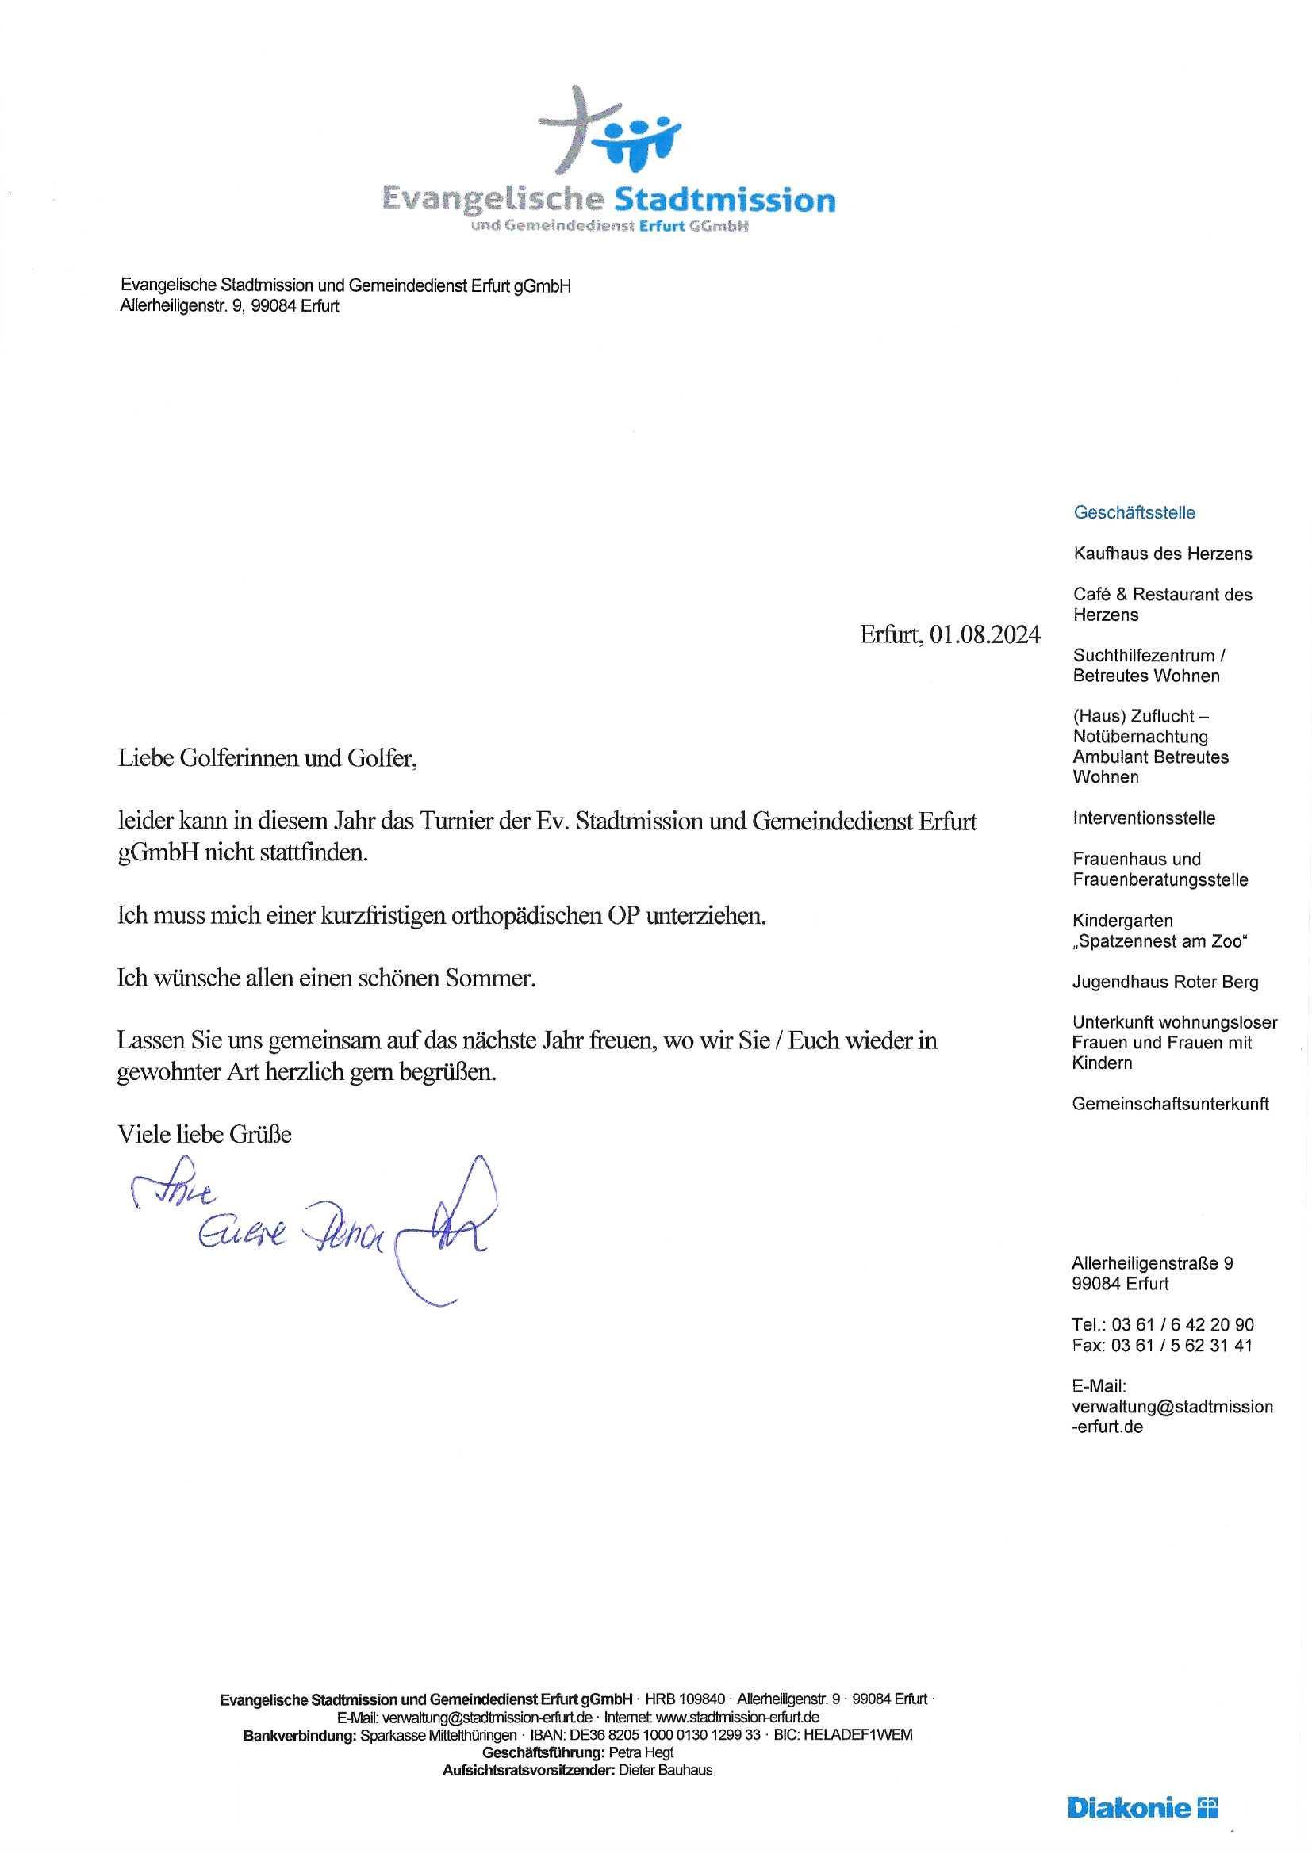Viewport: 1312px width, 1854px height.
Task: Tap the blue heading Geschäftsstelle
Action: click(1134, 513)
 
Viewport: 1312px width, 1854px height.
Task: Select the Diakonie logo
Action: click(1142, 1807)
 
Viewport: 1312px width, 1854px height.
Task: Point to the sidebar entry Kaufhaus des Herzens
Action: click(1163, 554)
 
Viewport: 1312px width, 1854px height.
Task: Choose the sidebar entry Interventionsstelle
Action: click(1144, 818)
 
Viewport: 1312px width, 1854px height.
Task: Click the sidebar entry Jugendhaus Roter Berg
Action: click(1165, 982)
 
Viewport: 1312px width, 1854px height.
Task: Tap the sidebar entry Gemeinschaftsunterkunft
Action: click(1171, 1104)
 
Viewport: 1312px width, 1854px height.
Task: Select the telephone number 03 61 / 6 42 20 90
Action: click(1183, 1325)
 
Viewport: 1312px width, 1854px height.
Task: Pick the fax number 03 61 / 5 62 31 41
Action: click(1182, 1345)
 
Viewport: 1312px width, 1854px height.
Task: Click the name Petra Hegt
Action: click(641, 1752)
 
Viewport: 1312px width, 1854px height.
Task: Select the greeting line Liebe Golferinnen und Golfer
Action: click(267, 759)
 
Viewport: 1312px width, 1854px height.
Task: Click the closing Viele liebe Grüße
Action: click(205, 1135)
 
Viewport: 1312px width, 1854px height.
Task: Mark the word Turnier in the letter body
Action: click(457, 822)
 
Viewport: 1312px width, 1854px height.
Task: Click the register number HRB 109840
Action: click(685, 1699)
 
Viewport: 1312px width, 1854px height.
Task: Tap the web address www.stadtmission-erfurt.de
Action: click(738, 1717)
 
